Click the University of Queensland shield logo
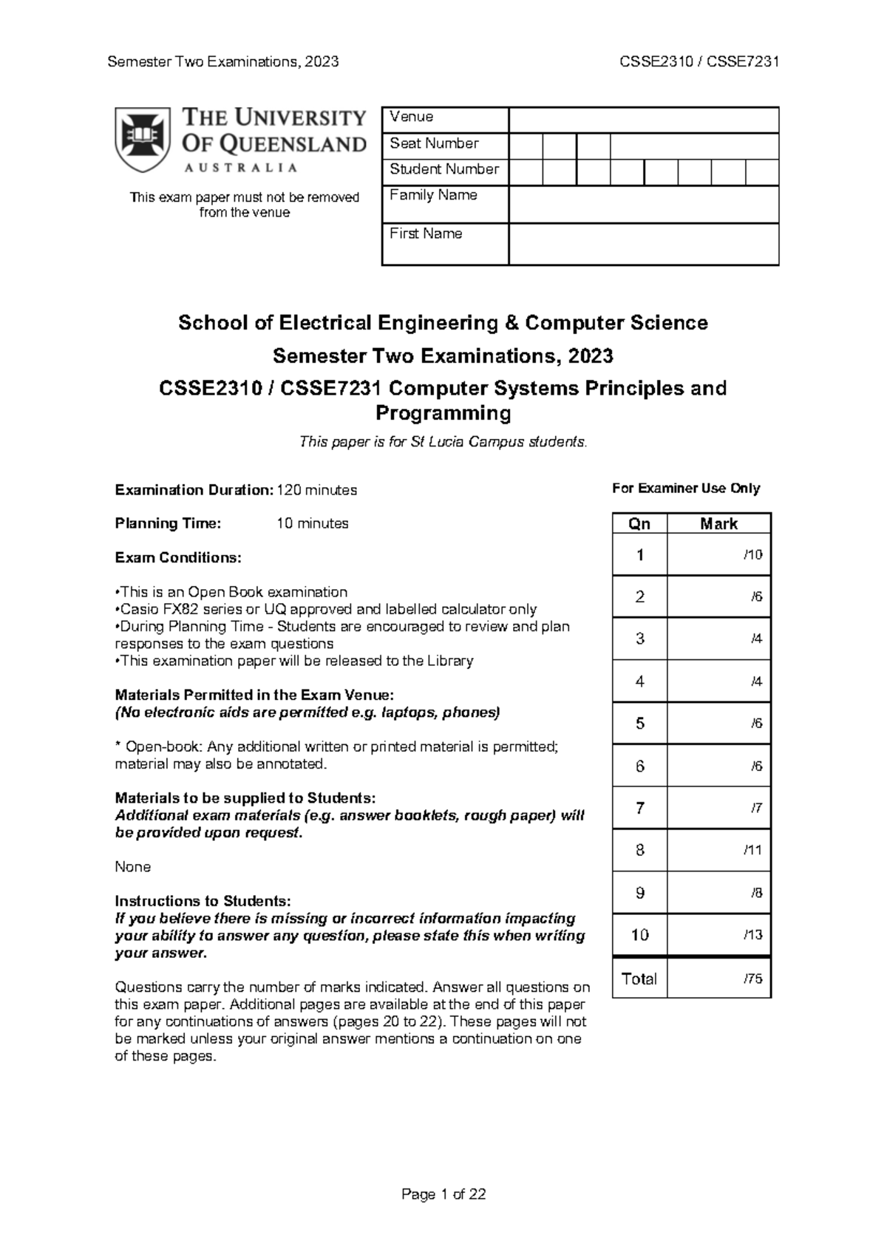(142, 140)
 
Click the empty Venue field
(643, 120)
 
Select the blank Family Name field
(643, 205)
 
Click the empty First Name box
(643, 245)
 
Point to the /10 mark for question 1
(752, 554)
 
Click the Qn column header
(639, 524)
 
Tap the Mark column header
(718, 524)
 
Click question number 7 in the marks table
(639, 808)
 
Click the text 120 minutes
(316, 490)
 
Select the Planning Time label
(168, 524)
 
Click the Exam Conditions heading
(178, 558)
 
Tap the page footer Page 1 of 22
(443, 1194)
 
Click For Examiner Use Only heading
(685, 489)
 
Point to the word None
(133, 867)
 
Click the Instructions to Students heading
(203, 901)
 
